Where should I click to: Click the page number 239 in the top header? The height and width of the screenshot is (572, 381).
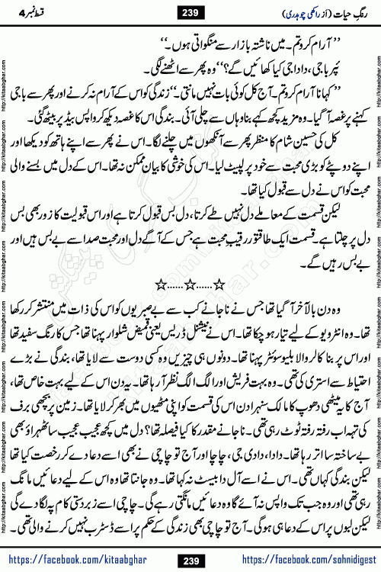point(190,12)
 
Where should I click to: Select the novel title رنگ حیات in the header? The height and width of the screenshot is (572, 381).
point(346,12)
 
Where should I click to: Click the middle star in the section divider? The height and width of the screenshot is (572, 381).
point(190,262)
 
